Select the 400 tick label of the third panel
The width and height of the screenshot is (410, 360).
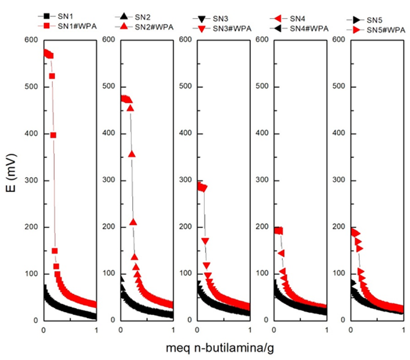point(186,133)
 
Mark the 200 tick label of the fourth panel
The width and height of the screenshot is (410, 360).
point(263,227)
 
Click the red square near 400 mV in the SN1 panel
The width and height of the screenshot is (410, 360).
point(53,135)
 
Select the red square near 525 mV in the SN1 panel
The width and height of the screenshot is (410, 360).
point(52,76)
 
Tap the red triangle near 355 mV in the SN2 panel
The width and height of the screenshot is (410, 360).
point(132,154)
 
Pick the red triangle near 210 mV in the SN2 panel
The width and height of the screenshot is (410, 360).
point(133,222)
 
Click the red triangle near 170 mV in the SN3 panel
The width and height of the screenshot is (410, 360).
point(206,241)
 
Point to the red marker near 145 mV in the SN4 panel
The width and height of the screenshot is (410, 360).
point(281,253)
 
